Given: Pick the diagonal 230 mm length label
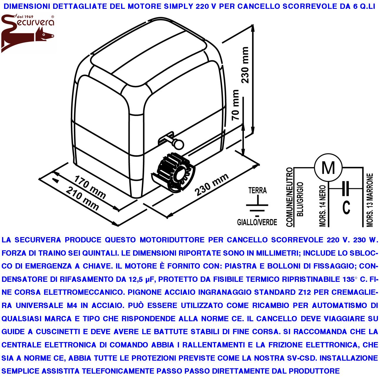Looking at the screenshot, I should pos(212,185).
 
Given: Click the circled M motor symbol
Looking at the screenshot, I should pos(328,168).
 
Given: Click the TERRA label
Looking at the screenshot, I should pos(257,190).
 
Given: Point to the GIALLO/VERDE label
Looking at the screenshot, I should pos(257,222).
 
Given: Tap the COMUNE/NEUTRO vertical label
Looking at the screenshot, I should pos(289,197).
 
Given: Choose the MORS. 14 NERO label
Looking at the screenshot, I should pos(323,206).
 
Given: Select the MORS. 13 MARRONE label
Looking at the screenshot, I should pos(370,200).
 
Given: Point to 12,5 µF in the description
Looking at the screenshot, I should pos(141,279).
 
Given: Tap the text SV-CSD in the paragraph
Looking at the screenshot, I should pos(300,358).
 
